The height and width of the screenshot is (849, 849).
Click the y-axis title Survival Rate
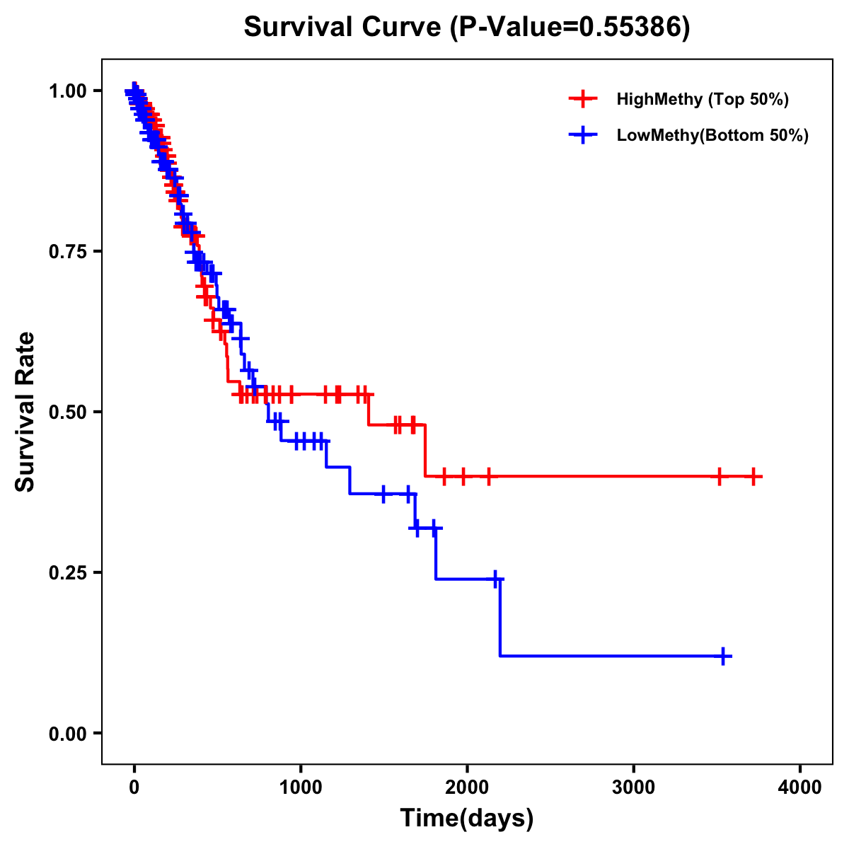pos(25,411)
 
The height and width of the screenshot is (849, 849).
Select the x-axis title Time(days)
pos(466,819)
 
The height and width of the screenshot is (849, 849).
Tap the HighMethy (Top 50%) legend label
pos(702,99)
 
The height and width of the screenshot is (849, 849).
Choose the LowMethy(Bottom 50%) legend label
pos(712,135)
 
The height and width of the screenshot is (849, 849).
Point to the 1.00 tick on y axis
pos(68,91)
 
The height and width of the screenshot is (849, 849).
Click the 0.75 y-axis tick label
pos(68,251)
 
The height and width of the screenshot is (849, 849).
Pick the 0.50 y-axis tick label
pos(68,412)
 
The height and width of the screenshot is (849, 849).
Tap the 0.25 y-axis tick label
pos(68,572)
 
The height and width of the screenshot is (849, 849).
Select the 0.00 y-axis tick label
pos(68,733)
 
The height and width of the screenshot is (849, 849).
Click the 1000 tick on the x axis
pos(301,787)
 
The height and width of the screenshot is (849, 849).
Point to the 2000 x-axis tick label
pos(467,787)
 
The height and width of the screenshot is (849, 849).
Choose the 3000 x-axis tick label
pos(634,787)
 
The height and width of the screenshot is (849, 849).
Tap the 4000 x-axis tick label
pos(800,787)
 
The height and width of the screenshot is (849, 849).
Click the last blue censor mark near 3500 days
pos(723,656)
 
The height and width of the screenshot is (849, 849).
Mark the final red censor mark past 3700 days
pos(753,476)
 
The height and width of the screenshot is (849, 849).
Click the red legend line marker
pos(583,99)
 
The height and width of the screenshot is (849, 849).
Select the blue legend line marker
pos(583,135)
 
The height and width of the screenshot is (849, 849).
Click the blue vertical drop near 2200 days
pos(500,617)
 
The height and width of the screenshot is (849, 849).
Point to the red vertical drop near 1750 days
pos(425,450)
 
